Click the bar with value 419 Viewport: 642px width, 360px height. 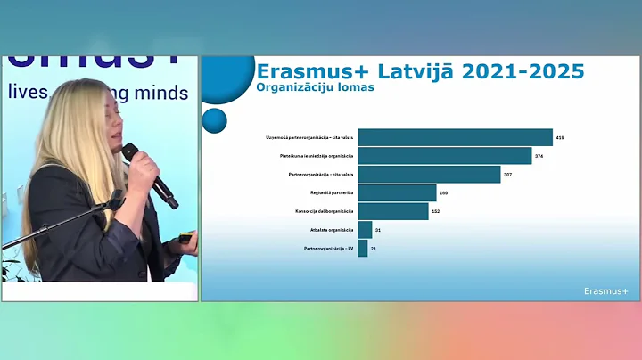[x=455, y=137]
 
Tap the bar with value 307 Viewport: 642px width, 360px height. [x=429, y=175]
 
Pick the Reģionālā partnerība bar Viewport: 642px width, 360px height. [x=397, y=192]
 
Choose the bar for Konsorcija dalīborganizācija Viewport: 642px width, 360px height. [x=391, y=211]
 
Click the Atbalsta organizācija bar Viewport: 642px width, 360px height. [x=365, y=230]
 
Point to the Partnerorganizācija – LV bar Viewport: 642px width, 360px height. [x=363, y=248]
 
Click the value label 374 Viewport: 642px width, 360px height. [x=539, y=156]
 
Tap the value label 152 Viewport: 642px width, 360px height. [x=435, y=211]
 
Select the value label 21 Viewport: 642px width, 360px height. [x=374, y=249]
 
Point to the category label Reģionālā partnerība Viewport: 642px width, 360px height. [x=332, y=192]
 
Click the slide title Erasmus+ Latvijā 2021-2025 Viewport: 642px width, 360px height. [x=420, y=70]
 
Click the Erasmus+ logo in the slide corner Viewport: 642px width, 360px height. [x=606, y=290]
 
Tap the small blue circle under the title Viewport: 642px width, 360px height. [x=214, y=119]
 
